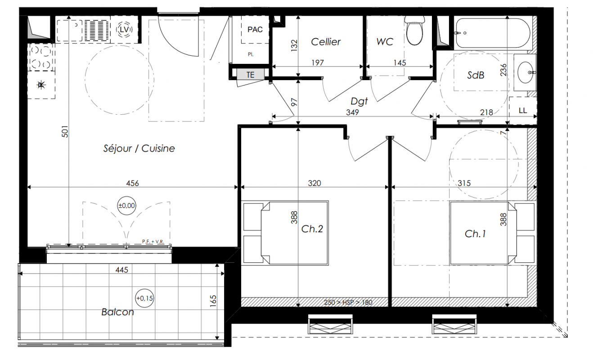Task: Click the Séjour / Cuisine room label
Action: coord(139,148)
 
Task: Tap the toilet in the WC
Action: coord(414,31)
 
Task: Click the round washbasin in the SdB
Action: coord(526,72)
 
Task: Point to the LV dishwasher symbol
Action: coord(124,29)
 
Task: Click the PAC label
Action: coord(255,29)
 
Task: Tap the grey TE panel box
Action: coord(251,75)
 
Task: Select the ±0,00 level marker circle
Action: coord(126,205)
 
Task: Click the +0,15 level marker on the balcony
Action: coord(144,298)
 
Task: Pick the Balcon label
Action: coord(118,312)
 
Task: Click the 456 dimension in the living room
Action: coord(132,183)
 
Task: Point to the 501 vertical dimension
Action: coord(65,131)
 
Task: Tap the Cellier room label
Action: coord(326,42)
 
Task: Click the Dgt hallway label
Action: coord(359,101)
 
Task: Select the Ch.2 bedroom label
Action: coord(312,229)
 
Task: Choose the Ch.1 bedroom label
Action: coord(476,234)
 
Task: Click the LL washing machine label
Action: coord(523,110)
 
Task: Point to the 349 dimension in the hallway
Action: coord(352,112)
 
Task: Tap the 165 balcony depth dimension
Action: coord(213,301)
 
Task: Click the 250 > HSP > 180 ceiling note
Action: coord(348,302)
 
